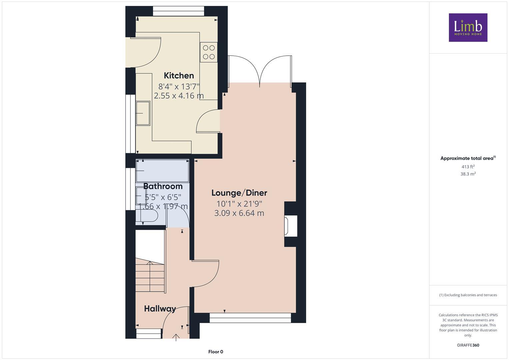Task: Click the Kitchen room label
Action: [x=179, y=76]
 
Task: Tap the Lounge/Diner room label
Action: [x=239, y=193]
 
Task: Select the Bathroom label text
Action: [x=163, y=186]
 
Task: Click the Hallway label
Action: [x=160, y=309]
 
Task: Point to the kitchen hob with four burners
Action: [x=209, y=52]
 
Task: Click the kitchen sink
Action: [x=143, y=113]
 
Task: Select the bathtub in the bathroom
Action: [x=163, y=171]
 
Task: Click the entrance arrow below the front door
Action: [x=176, y=337]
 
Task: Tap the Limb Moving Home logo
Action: [x=468, y=28]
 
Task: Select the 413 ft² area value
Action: [x=468, y=167]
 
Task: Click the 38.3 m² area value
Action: [x=468, y=174]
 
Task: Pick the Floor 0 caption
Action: [x=216, y=352]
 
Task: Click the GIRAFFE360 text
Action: [x=468, y=345]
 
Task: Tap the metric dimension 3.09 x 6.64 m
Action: [x=239, y=213]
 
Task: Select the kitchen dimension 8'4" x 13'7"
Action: [x=179, y=87]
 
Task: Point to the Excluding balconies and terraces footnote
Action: [x=468, y=295]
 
